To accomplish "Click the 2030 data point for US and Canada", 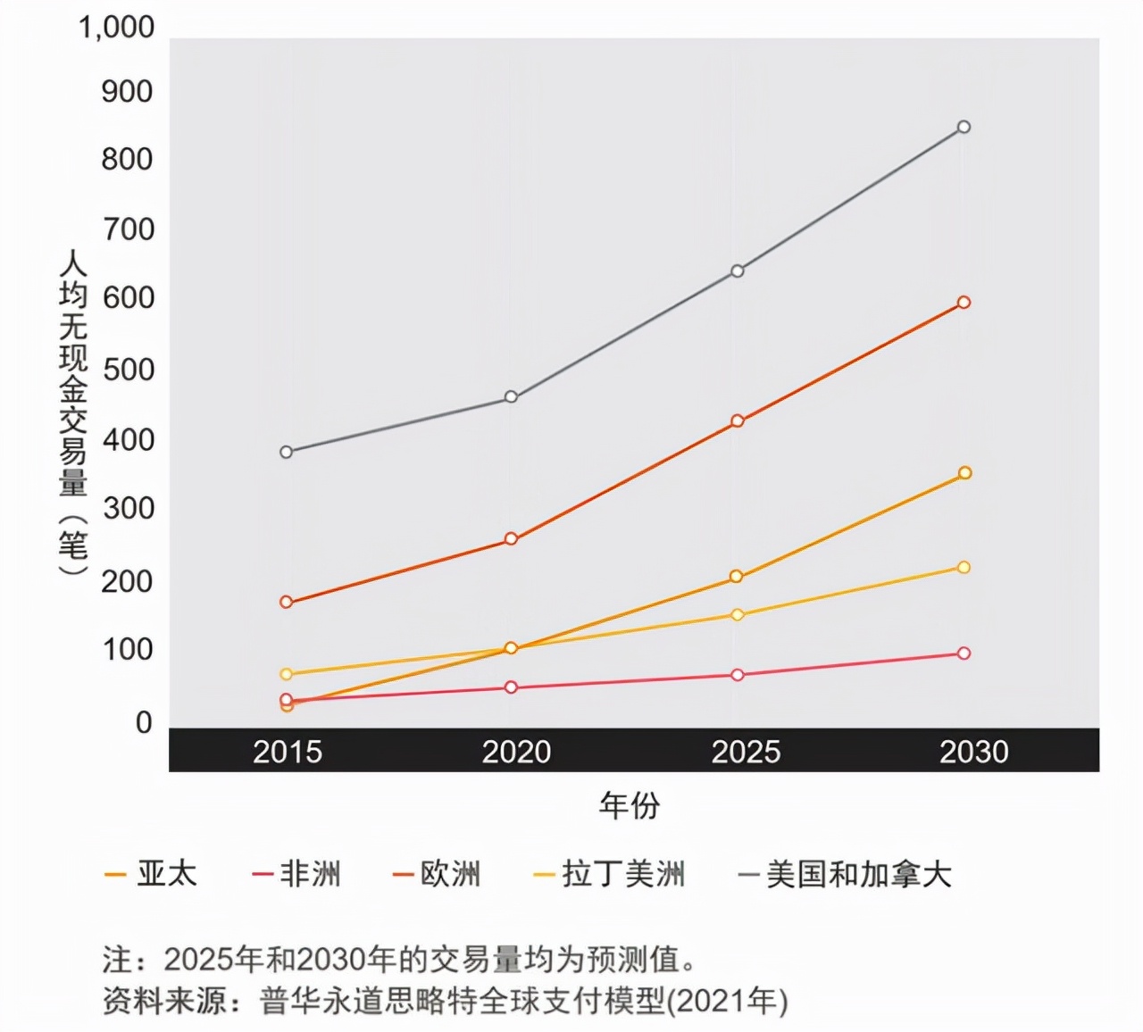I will (964, 127).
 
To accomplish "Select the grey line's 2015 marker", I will (286, 452).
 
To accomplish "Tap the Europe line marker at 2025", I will (737, 420).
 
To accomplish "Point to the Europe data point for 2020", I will (511, 539).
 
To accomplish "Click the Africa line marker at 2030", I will (964, 653).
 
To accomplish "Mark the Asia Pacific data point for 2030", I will (964, 473).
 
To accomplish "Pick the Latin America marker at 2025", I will (737, 614).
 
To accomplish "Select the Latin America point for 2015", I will (286, 674).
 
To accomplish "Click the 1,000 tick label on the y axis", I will (116, 28).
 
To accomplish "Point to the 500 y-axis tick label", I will (128, 370).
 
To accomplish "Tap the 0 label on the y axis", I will (144, 722).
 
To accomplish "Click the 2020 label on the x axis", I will (516, 752).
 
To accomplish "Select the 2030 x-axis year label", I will (973, 752).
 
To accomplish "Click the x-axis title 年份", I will (630, 805).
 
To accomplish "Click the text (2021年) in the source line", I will (729, 1001).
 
